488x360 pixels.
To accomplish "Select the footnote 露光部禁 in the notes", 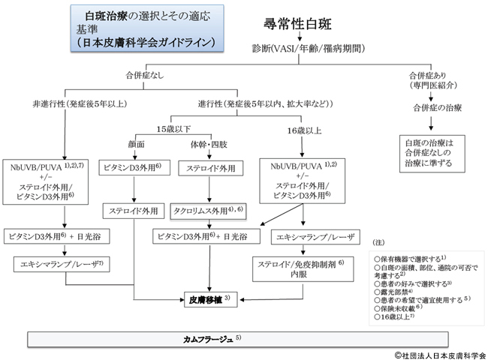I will (399, 291).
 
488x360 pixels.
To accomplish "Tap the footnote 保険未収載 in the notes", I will (399, 309).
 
